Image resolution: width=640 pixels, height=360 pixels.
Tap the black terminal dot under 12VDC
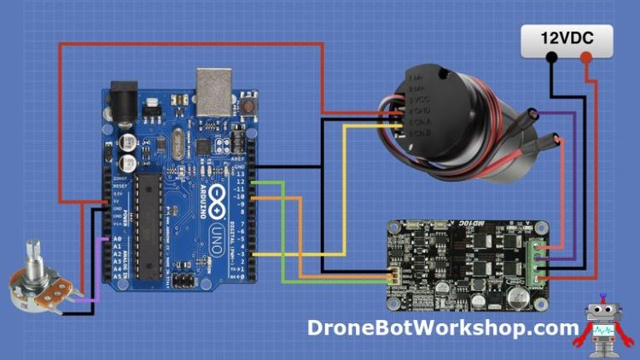552,59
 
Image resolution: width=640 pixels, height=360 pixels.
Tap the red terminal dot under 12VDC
586,59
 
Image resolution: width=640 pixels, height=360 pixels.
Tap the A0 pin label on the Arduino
117,240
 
